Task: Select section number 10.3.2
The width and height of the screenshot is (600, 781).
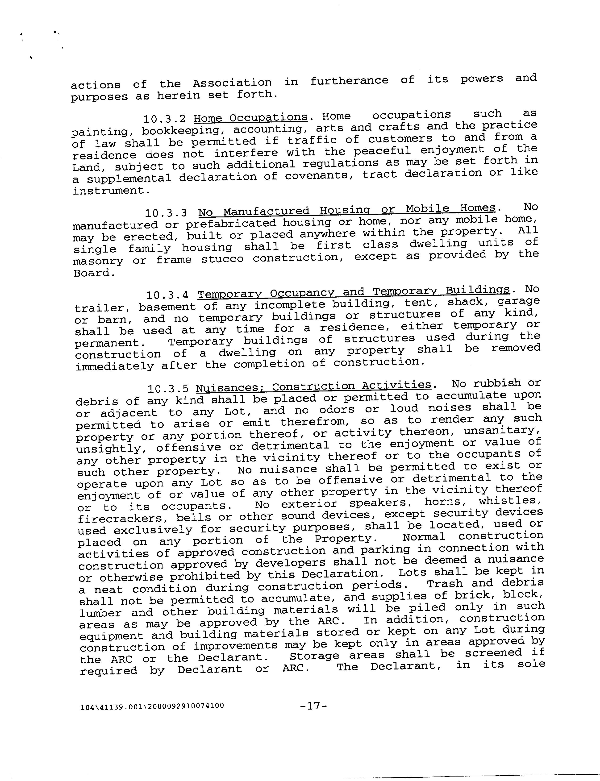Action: point(165,119)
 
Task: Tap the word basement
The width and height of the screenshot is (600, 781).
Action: point(167,307)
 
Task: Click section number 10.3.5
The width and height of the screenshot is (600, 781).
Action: point(168,388)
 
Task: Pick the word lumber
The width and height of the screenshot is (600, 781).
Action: point(100,613)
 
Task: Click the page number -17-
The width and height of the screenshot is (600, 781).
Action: point(314,706)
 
